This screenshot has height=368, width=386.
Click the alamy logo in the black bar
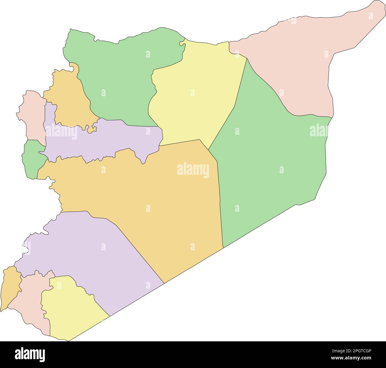(30, 354)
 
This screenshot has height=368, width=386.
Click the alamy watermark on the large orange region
(193, 171)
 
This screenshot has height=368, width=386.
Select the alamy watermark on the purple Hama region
(61, 132)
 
